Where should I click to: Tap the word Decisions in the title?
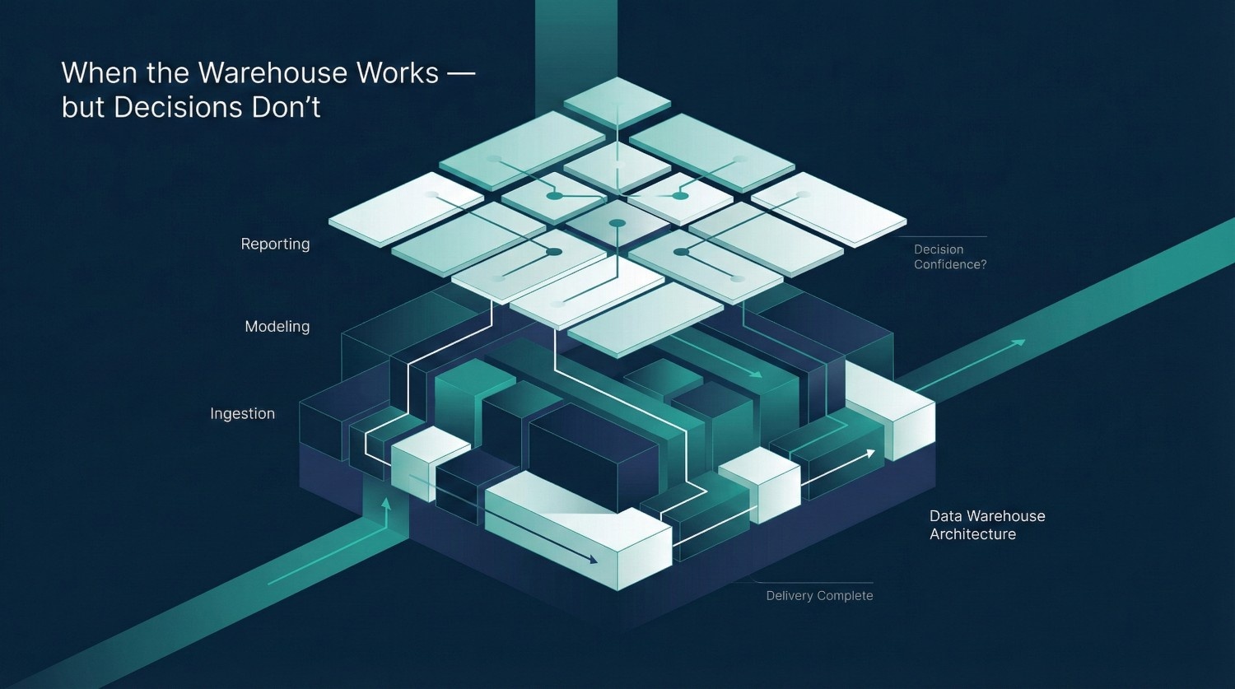coord(189,108)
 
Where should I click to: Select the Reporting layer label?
coord(275,244)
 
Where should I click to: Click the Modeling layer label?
coord(277,326)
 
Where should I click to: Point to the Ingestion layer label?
coord(242,413)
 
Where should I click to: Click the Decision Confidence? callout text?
coord(949,257)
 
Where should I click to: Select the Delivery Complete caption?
coord(819,595)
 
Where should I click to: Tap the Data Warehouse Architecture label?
coord(986,525)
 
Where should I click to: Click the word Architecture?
coord(972,534)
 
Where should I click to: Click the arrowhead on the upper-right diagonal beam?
coord(1020,342)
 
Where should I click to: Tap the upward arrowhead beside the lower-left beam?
coord(385,501)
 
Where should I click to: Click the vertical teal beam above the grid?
coord(576,41)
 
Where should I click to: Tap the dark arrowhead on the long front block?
coord(593,560)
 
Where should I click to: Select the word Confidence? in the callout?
coord(949,264)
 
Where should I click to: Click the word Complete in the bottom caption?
coord(846,595)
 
